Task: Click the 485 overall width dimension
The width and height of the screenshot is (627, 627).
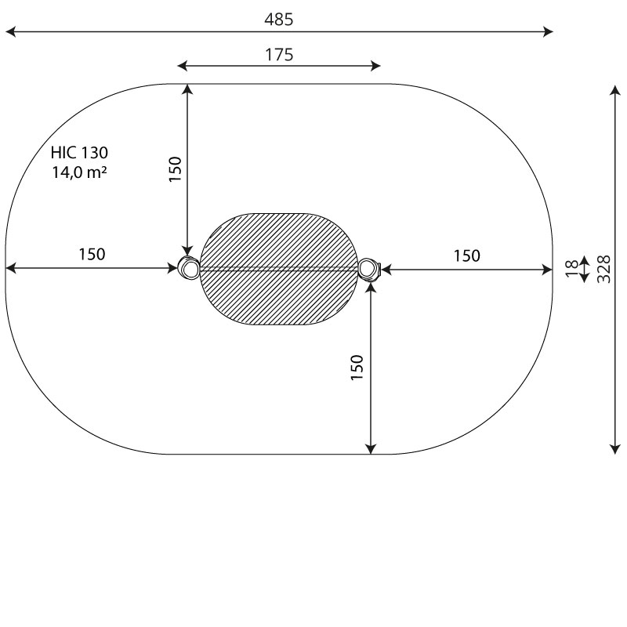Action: click(279, 19)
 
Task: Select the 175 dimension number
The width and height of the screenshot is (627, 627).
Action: click(279, 55)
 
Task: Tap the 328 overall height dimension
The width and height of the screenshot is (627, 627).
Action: click(603, 269)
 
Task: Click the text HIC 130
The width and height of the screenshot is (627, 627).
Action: click(79, 152)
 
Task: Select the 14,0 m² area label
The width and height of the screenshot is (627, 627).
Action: click(79, 172)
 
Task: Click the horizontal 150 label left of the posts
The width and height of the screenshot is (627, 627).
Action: click(92, 254)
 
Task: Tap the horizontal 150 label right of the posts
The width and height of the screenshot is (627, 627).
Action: click(466, 256)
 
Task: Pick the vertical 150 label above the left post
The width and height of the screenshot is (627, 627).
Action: click(175, 169)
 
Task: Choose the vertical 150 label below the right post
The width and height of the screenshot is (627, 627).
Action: click(357, 368)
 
